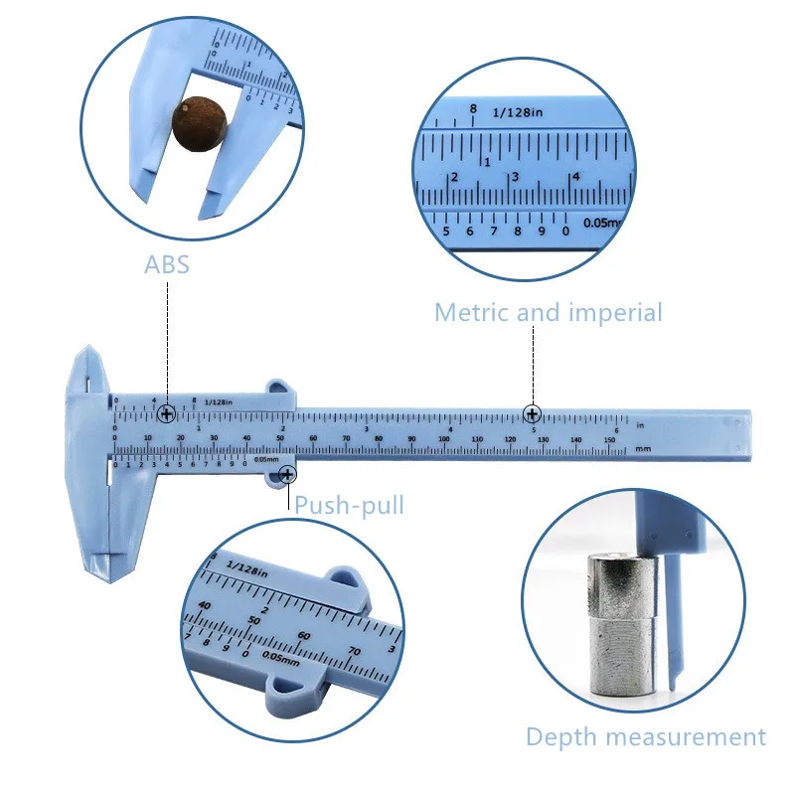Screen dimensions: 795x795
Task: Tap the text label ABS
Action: [167, 265]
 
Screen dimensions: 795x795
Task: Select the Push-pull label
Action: [349, 505]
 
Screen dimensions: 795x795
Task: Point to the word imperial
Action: [615, 312]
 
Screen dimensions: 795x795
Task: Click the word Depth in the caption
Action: [561, 736]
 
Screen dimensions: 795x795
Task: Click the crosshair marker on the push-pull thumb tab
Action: [286, 477]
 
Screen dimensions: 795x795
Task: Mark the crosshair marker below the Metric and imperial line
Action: [534, 413]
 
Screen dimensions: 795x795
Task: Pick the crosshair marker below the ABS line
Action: [167, 413]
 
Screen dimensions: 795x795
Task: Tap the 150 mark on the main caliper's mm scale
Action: [608, 439]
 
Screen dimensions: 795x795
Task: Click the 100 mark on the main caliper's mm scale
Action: [444, 439]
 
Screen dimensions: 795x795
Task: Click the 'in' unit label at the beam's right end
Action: [641, 425]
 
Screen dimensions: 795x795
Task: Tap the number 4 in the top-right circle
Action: [574, 177]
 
